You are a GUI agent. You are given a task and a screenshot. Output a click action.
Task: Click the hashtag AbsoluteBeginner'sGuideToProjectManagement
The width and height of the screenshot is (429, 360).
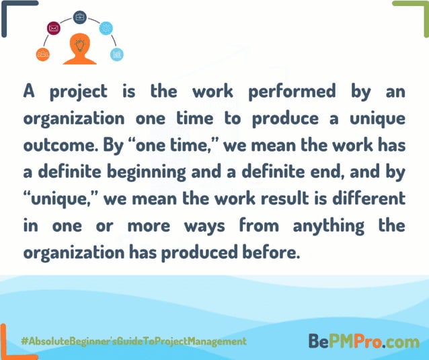tap(134, 341)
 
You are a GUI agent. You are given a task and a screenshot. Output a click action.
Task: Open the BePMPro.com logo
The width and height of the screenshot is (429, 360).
tap(364, 341)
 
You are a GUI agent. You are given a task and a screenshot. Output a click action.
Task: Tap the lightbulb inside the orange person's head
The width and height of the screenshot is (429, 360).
tap(80, 45)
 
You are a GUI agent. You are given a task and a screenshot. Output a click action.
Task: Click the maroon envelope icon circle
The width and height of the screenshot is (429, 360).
tap(54, 28)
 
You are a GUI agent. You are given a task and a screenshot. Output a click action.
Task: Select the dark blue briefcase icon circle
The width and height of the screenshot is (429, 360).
tap(79, 17)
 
